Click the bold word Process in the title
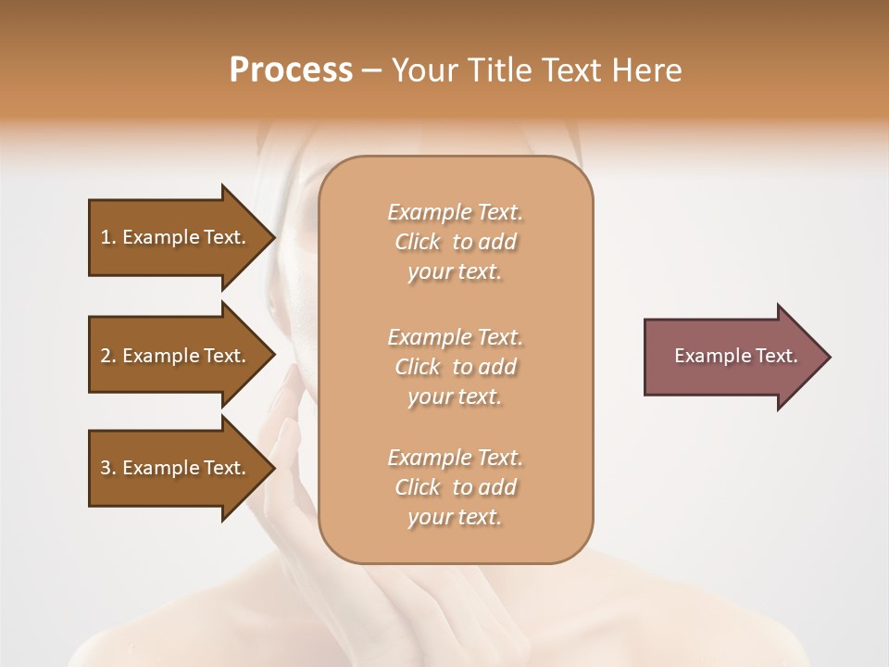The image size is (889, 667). [291, 70]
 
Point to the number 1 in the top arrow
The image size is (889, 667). [106, 237]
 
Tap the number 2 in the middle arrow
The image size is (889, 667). [106, 356]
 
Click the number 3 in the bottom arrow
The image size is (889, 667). [106, 468]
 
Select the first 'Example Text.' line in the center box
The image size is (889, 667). [455, 212]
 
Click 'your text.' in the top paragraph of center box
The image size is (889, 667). [455, 272]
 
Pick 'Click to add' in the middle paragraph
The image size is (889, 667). [455, 367]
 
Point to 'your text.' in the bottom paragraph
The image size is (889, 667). [455, 518]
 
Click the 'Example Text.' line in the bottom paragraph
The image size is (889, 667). [455, 458]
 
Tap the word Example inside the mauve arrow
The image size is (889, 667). [707, 356]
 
